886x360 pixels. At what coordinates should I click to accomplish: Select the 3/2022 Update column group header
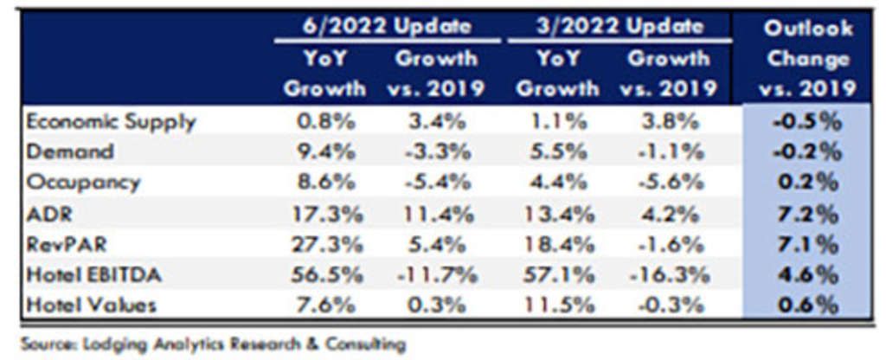[x=618, y=26]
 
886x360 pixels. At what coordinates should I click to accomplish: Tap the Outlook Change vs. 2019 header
[x=806, y=58]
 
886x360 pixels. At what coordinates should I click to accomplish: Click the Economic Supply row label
[x=111, y=121]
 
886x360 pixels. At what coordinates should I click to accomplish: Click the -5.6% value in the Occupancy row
[x=668, y=182]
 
